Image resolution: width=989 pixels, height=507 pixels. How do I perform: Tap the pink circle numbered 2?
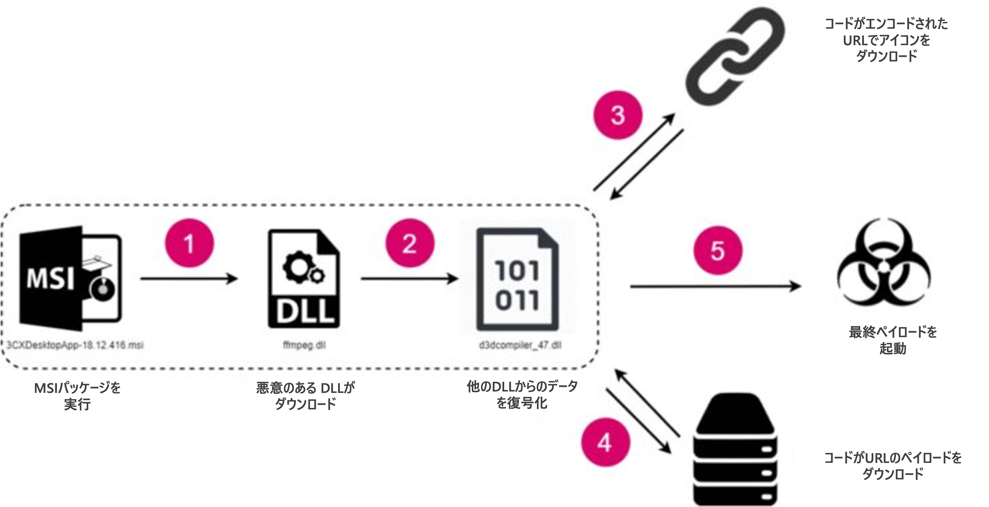[x=410, y=243]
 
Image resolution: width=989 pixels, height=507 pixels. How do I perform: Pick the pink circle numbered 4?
[x=605, y=442]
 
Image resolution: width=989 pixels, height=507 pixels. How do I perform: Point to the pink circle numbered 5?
[x=717, y=250]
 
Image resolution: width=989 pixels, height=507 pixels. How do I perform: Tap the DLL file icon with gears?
[x=304, y=279]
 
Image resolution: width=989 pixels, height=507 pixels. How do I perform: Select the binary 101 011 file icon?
[x=518, y=280]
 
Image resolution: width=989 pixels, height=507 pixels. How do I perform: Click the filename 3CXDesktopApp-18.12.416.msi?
[x=75, y=345]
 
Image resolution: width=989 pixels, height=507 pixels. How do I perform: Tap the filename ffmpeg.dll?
[x=304, y=345]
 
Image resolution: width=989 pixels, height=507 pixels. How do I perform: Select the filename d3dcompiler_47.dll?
[x=520, y=345]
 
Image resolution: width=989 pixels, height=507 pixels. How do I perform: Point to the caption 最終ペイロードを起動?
[x=893, y=340]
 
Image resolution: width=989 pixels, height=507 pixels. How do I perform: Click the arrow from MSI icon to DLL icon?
[x=189, y=279]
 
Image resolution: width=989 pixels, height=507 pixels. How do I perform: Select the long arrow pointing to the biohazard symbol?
[x=715, y=286]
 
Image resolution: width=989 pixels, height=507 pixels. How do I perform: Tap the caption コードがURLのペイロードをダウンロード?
[x=893, y=466]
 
